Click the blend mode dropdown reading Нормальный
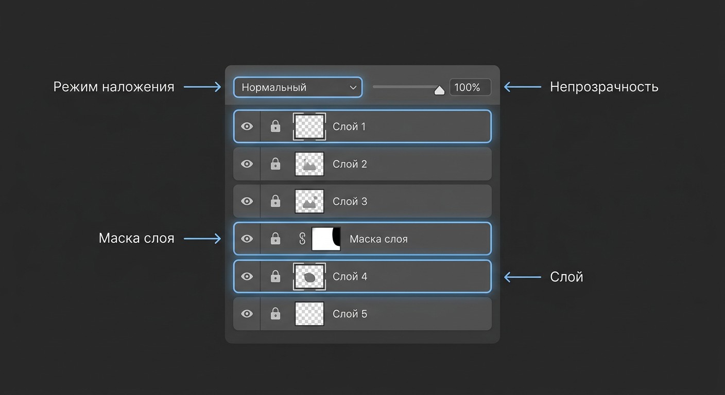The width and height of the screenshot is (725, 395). pos(298,87)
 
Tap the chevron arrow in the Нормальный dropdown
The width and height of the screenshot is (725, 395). pos(353,87)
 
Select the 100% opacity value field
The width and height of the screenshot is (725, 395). pos(470,87)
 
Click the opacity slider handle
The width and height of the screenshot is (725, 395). pos(439,91)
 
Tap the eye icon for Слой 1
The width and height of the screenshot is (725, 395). pos(247,127)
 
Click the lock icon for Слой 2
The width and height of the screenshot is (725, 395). pos(275,164)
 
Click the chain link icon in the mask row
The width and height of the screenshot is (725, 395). pos(302,239)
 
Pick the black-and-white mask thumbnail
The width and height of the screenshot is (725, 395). pos(326,239)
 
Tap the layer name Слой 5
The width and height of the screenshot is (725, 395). pos(350,314)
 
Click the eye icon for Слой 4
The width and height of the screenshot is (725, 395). pos(247,276)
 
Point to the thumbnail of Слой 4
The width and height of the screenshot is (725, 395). pos(309,276)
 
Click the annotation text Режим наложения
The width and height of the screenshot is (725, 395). pos(114,87)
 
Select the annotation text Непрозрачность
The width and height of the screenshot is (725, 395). pos(605,87)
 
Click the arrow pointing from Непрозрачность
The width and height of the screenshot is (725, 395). pos(523,87)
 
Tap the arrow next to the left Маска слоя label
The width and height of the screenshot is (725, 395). pos(202,239)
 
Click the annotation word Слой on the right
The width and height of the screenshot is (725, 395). pos(567,277)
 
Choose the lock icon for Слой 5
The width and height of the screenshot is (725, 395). pos(275,314)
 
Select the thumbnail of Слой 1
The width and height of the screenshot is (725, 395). pos(309,127)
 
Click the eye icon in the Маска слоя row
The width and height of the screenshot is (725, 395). pos(247,239)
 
